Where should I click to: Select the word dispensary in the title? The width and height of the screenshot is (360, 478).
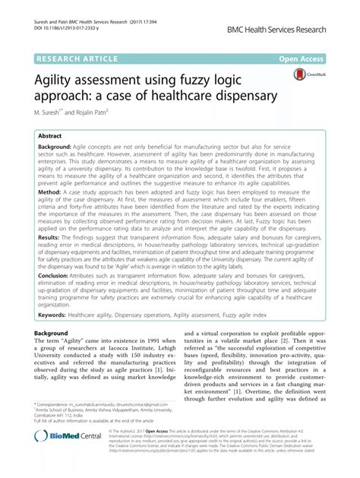[241, 98]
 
